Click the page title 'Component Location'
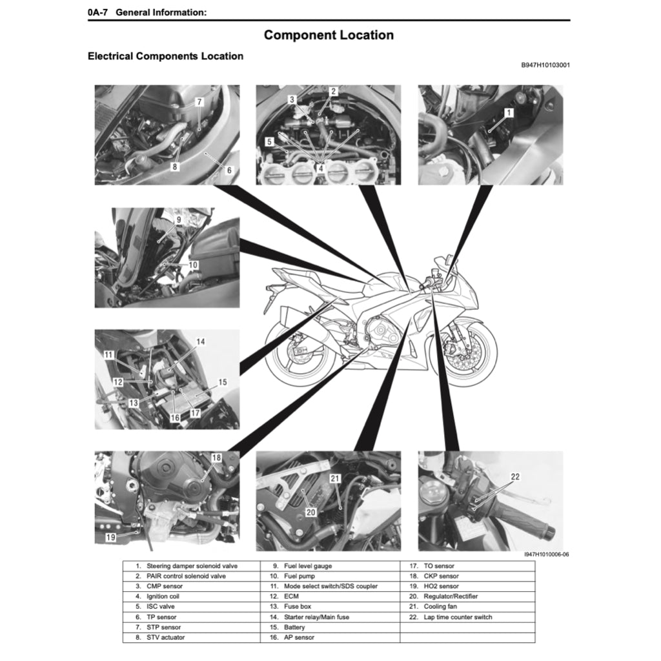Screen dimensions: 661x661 pyautogui.click(x=329, y=35)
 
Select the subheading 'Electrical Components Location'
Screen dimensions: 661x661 pyautogui.click(x=165, y=56)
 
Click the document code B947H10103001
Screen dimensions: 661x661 pyautogui.click(x=545, y=65)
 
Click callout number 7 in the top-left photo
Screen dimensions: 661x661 pyautogui.click(x=199, y=102)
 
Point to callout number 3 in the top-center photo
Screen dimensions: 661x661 pyautogui.click(x=292, y=99)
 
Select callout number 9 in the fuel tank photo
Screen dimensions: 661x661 pyautogui.click(x=178, y=220)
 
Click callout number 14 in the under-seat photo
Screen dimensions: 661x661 pyautogui.click(x=201, y=341)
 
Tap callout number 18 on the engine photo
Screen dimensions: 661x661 pyautogui.click(x=216, y=458)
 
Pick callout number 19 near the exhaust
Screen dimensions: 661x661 pyautogui.click(x=111, y=537)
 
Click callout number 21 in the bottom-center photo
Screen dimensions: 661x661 pyautogui.click(x=334, y=479)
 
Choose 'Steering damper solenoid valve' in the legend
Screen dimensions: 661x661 pyautogui.click(x=186, y=566)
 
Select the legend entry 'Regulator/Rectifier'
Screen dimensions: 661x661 pyautogui.click(x=451, y=596)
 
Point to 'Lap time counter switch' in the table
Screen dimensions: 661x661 pyautogui.click(x=458, y=617)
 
